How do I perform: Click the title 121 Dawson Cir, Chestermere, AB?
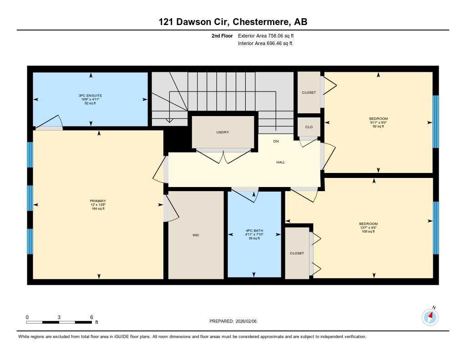[x=233, y=22]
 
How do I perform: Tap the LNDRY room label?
[x=223, y=132]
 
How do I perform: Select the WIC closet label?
[x=196, y=235]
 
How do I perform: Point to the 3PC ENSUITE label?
[x=90, y=96]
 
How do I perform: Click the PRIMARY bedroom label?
[x=98, y=201]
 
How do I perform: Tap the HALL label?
[x=281, y=162]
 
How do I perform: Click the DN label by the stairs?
[x=276, y=142]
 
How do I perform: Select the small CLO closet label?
[x=309, y=127]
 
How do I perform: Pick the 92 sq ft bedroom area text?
[x=379, y=126]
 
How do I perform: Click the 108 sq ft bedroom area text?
[x=368, y=232]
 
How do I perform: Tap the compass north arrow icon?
[x=430, y=316]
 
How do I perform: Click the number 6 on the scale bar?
[x=91, y=317]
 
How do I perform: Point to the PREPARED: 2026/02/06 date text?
[x=236, y=321]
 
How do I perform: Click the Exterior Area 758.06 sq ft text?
[x=269, y=35]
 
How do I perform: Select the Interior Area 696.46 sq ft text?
[x=265, y=44]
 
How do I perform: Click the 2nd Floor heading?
[x=222, y=35]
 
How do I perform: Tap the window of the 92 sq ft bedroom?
[x=436, y=122]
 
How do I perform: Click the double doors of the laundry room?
[x=223, y=156]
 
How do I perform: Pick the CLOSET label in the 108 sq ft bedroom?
[x=297, y=253]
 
